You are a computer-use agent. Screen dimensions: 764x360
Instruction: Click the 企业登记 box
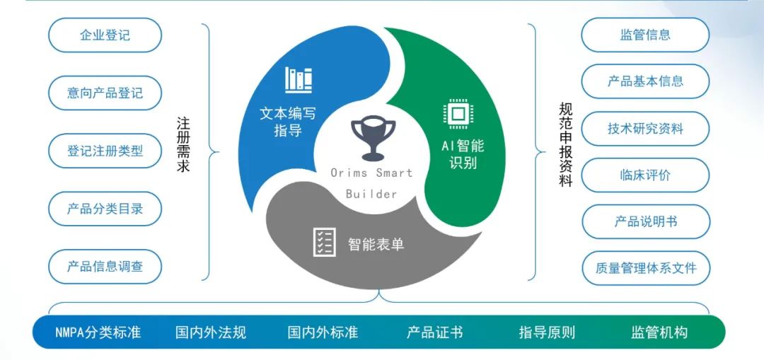105,35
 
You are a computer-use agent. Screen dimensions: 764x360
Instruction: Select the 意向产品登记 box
105,93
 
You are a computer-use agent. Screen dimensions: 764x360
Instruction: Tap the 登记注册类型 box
105,151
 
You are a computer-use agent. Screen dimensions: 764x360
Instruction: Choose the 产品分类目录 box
105,209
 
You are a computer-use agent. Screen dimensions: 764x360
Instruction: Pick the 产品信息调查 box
105,267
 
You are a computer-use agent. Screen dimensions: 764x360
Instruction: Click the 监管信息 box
644,35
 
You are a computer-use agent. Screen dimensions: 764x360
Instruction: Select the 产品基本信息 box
644,81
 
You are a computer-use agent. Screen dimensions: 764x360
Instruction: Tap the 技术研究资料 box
644,129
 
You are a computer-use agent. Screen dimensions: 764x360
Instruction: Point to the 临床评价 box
644,175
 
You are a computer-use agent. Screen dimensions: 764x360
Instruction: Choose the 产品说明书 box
644,221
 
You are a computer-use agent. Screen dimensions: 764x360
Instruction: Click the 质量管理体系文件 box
644,268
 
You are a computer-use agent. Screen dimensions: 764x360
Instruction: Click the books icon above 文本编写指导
299,79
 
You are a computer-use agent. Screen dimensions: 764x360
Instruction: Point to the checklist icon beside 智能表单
324,242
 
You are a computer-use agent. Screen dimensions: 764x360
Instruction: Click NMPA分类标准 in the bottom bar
98,332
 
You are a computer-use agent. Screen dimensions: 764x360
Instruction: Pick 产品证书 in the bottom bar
434,332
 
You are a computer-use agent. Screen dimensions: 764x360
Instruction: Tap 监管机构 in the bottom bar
659,332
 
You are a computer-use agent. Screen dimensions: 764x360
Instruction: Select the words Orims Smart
371,173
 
